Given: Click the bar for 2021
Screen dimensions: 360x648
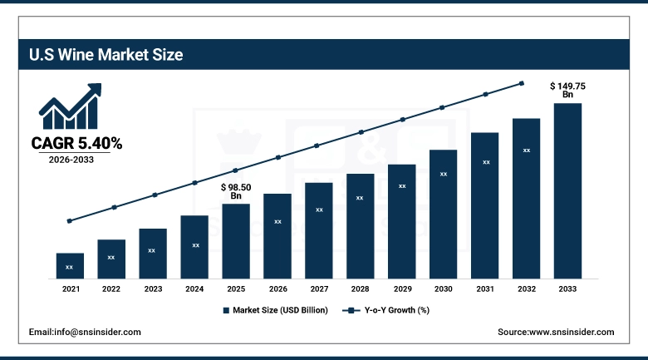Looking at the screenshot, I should click(x=70, y=265).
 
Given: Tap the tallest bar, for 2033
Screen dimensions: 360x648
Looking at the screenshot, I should click(x=567, y=190).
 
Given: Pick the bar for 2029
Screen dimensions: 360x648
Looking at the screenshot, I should click(x=401, y=221).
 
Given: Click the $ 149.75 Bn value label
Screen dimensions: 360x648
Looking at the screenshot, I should click(x=567, y=90).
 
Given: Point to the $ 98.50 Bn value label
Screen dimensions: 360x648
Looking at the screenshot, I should click(x=236, y=192).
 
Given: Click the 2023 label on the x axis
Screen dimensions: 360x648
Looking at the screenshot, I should click(x=152, y=288).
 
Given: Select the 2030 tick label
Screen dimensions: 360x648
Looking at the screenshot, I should click(x=443, y=288).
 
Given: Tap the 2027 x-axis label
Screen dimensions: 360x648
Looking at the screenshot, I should click(x=318, y=288).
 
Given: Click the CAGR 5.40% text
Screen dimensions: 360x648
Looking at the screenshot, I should click(x=76, y=144).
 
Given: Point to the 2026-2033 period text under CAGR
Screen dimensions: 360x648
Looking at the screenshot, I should click(x=70, y=160).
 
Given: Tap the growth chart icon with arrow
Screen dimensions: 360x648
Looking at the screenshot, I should click(x=70, y=106).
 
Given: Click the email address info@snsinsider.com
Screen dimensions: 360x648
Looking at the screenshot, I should click(x=85, y=332).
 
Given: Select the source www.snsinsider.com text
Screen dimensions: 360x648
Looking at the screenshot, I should click(x=556, y=332).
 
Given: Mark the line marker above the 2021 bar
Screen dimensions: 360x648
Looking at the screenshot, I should click(x=70, y=221).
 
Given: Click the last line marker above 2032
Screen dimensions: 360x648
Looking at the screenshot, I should click(x=522, y=83).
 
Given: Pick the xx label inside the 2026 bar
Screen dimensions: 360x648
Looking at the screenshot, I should click(x=277, y=222).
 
